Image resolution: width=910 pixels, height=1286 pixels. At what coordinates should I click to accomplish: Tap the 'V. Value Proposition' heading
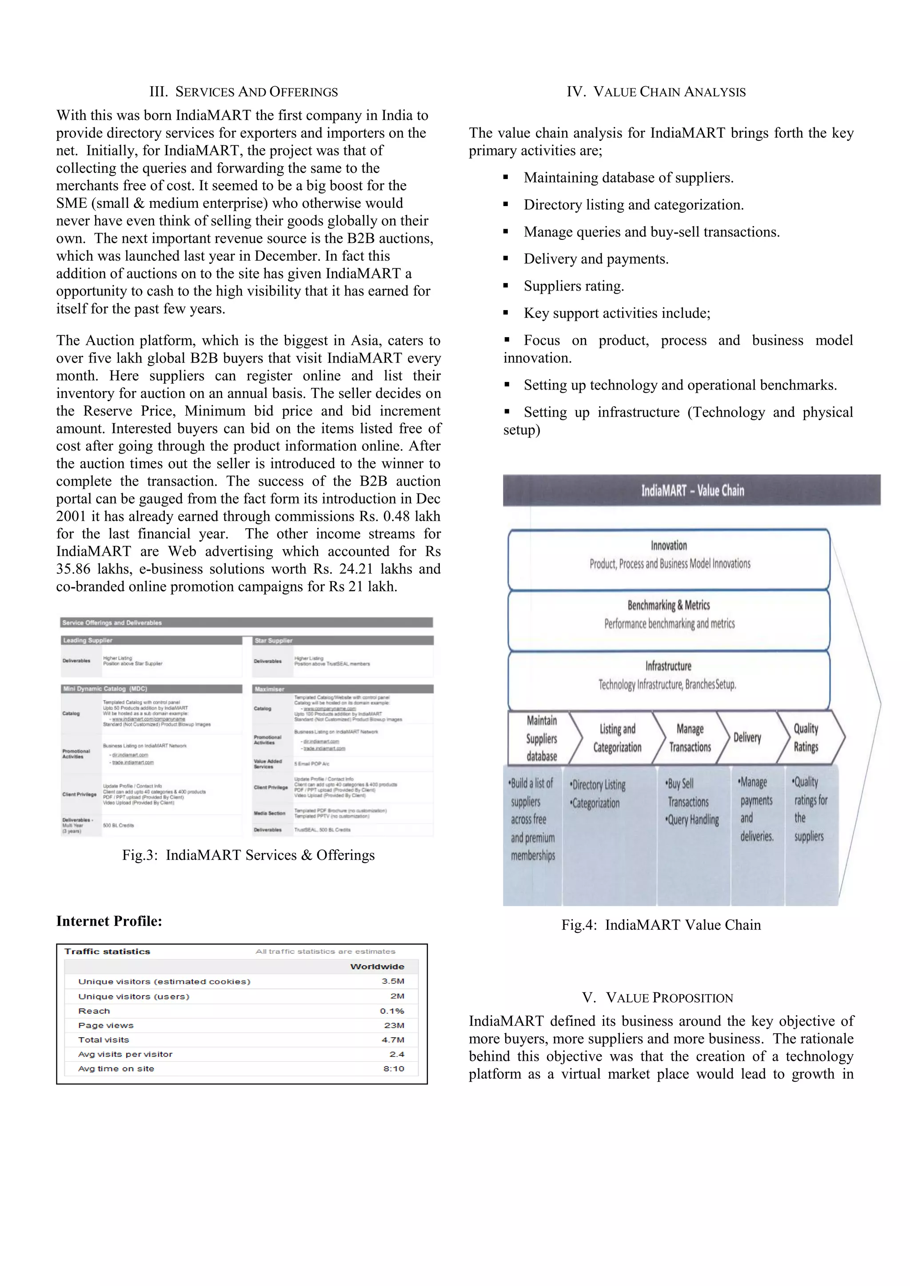[x=657, y=998]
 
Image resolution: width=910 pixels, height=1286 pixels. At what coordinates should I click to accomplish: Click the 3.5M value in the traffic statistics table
[x=392, y=981]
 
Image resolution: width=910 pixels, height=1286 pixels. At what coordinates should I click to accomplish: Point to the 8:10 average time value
[x=393, y=1069]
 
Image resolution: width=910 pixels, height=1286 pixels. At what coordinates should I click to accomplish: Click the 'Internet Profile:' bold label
[x=109, y=921]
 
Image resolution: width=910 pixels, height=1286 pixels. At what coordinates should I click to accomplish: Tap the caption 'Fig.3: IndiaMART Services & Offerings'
[x=248, y=855]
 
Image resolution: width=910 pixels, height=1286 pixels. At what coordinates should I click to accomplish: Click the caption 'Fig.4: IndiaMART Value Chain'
[x=661, y=925]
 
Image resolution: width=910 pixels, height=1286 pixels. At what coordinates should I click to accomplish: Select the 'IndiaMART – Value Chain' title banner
[x=691, y=491]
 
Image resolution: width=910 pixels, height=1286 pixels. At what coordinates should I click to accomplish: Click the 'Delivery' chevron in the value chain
[x=747, y=738]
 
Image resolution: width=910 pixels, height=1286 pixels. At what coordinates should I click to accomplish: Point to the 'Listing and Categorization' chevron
[x=617, y=738]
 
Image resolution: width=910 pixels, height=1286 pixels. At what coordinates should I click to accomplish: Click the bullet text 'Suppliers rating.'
[x=573, y=286]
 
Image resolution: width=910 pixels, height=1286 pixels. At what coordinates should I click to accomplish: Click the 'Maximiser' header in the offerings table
[x=270, y=689]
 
